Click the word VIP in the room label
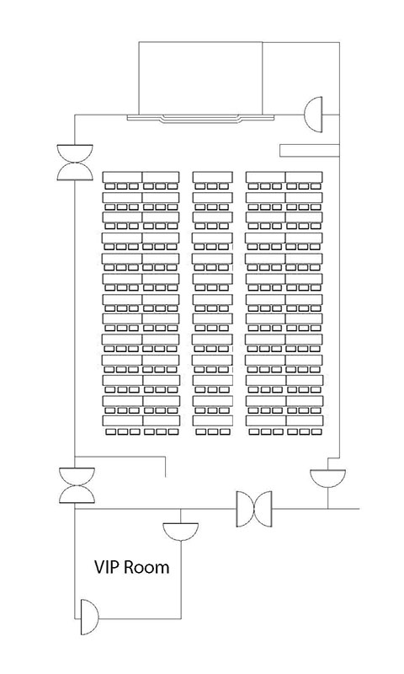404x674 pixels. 107,567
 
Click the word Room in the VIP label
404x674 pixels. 146,567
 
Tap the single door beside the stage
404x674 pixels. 313,115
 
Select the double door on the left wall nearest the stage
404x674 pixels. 75,162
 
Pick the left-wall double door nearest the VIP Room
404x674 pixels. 77,485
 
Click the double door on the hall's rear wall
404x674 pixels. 254,509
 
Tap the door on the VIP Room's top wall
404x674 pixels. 180,532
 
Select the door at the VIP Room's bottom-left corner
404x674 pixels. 89,618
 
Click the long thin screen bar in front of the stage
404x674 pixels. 201,118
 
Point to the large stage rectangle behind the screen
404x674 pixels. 200,78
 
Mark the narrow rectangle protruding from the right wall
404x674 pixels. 310,151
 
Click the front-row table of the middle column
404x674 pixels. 212,177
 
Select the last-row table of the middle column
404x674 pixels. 212,420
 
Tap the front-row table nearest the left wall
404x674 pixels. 122,177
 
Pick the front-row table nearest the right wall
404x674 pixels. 305,177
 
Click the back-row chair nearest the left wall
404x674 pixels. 111,431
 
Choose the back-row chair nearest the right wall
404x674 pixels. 316,431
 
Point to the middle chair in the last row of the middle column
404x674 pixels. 212,431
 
